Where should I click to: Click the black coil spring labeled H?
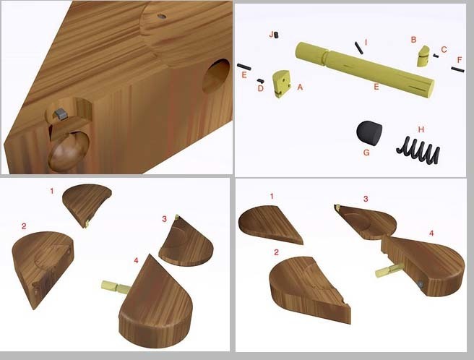point(418,150)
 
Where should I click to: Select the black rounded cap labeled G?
point(369,134)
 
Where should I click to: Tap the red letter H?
point(421,129)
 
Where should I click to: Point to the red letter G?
point(366,152)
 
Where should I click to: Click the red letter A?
point(300,87)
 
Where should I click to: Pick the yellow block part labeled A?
point(281,84)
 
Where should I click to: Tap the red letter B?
point(413,40)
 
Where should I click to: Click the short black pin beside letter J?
point(276,35)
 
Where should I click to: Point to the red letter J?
point(271,35)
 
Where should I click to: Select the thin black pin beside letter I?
point(359,48)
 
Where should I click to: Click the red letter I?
point(366,42)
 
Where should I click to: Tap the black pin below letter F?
point(457,69)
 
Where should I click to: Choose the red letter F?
point(460,60)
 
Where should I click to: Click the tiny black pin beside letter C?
point(436,56)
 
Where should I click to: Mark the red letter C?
point(444,49)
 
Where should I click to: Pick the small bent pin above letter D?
point(261,80)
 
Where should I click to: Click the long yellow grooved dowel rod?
point(365,69)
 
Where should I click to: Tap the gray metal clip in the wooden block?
point(60,113)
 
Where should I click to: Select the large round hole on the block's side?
point(215,76)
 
